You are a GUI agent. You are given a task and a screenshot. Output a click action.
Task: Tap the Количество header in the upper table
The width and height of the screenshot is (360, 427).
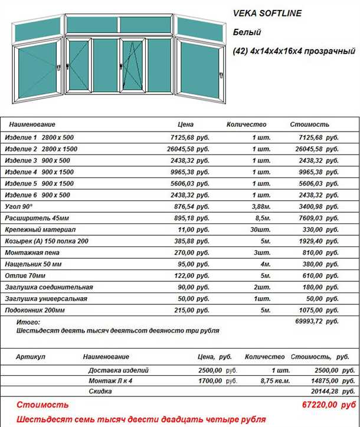point(247,125)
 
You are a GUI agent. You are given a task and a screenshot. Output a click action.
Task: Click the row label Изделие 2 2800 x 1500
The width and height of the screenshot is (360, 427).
point(41,149)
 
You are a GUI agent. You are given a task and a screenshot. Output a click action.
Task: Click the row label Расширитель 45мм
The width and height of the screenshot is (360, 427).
point(35,218)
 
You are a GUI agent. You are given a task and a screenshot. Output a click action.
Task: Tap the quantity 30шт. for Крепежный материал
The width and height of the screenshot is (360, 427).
point(261,229)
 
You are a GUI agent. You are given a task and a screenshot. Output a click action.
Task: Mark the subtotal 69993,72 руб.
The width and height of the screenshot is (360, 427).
point(316,321)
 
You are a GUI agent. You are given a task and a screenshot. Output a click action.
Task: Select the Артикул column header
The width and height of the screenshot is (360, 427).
point(31,357)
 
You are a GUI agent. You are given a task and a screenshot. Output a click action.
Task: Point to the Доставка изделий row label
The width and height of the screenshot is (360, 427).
point(118,370)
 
